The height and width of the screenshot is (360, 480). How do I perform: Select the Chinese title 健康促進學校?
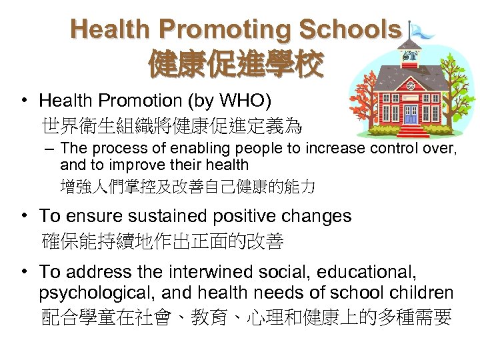(x=237, y=64)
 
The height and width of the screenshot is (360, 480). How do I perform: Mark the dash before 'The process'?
(x=48, y=148)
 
